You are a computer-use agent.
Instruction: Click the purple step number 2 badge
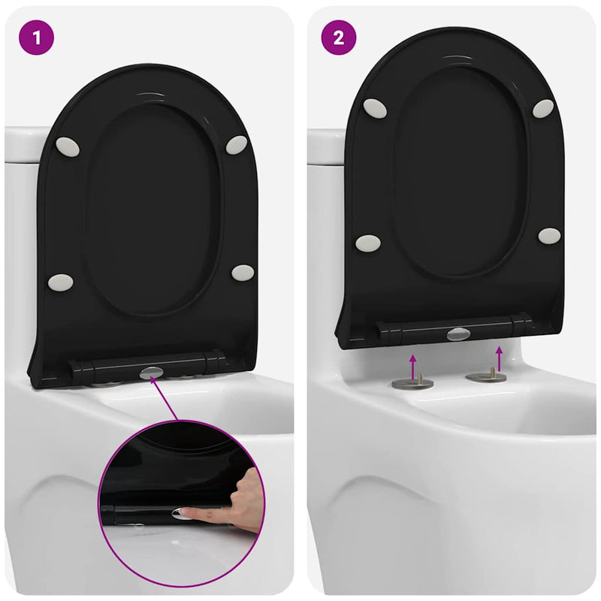coord(339,38)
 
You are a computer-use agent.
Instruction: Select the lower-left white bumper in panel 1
coord(60,282)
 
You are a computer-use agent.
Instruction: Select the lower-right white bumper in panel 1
coord(242,272)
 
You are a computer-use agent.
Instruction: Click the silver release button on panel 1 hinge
coord(150,370)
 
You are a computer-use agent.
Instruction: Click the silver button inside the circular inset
coord(181,513)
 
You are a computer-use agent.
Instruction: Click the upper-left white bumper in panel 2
coord(374,107)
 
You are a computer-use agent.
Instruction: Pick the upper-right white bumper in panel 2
coord(544,108)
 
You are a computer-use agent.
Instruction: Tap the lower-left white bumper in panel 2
coord(368,243)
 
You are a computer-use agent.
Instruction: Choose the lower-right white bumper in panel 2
coord(549,236)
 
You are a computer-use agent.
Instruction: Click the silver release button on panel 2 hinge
coord(458,334)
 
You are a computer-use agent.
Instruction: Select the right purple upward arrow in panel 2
coord(499,356)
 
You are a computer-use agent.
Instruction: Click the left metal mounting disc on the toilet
coord(412,383)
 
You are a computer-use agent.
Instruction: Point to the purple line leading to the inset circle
coord(165,398)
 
